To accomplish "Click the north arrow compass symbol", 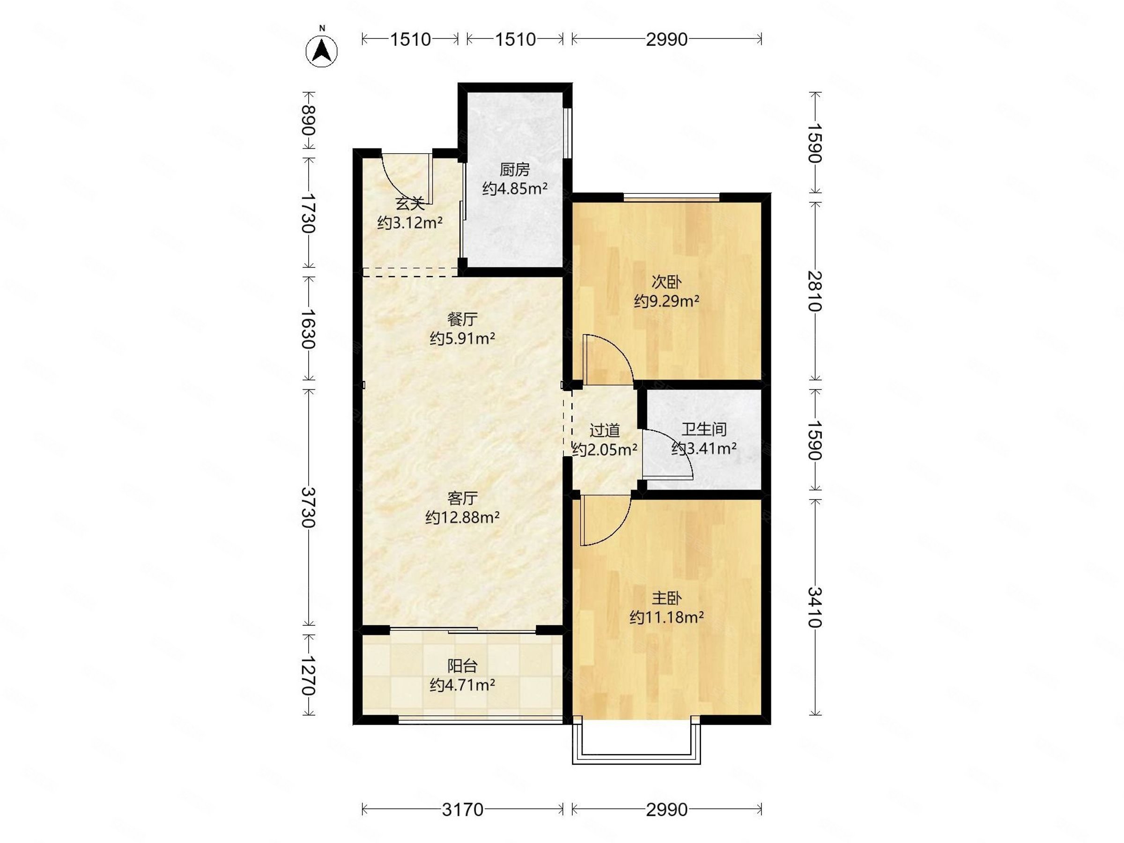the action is tap(321, 51).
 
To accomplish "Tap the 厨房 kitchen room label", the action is tap(514, 169).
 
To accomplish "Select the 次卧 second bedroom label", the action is tap(666, 281).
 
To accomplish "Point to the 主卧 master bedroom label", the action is tap(666, 598).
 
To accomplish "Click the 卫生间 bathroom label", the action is tap(704, 429).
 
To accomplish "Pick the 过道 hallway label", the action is tap(605, 430).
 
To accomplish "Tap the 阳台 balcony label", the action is tap(462, 666).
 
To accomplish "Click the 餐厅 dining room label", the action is tap(462, 319).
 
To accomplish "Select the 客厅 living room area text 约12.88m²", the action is tap(462, 518).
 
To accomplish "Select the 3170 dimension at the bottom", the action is tap(462, 809).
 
